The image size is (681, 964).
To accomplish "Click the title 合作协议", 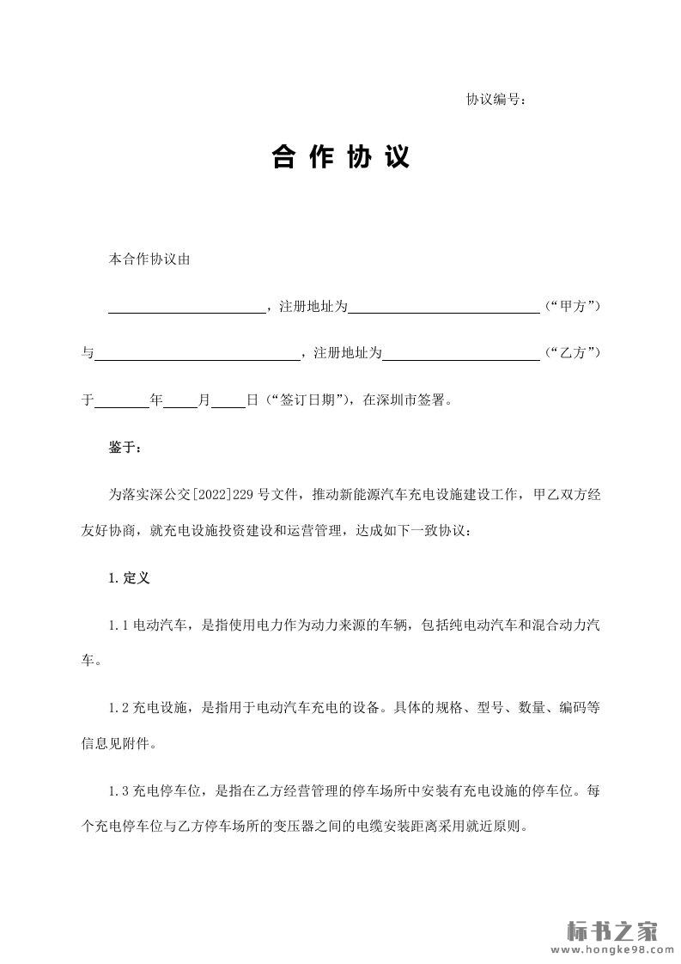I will pyautogui.click(x=340, y=157).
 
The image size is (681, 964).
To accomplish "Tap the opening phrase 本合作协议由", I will pyautogui.click(x=149, y=259).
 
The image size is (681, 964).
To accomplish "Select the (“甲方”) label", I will pyautogui.click(x=572, y=306).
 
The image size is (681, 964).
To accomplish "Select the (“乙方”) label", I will pyautogui.click(x=572, y=353).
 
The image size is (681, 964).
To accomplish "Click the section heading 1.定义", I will pyautogui.click(x=129, y=578).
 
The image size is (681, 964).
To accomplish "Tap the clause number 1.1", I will pyautogui.click(x=119, y=625).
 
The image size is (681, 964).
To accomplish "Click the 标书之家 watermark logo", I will pyautogui.click(x=613, y=931).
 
